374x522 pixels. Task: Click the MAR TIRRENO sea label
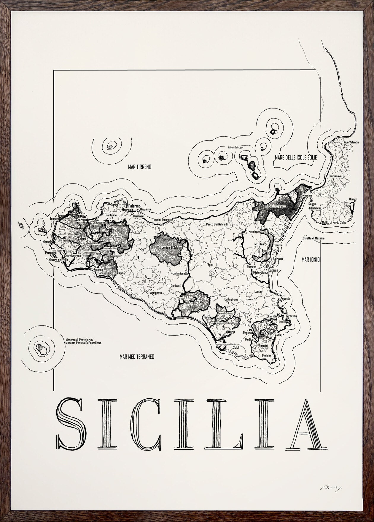click(139, 167)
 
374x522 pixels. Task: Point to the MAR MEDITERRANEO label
click(137, 357)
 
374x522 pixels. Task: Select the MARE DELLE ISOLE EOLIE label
click(296, 158)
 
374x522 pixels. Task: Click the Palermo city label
click(134, 205)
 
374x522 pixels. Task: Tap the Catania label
click(273, 270)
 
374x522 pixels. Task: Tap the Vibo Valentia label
click(351, 142)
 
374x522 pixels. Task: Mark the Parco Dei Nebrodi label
click(217, 224)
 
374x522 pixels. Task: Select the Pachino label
click(267, 355)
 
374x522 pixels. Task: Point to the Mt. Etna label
click(259, 244)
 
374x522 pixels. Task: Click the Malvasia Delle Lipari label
click(235, 147)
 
